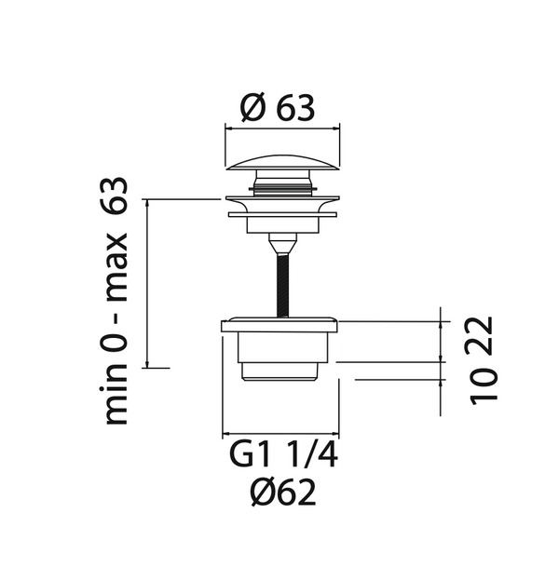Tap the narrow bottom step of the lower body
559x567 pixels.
click(279, 373)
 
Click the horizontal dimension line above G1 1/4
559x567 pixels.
click(279, 435)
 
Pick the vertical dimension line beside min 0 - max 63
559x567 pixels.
click(149, 283)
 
